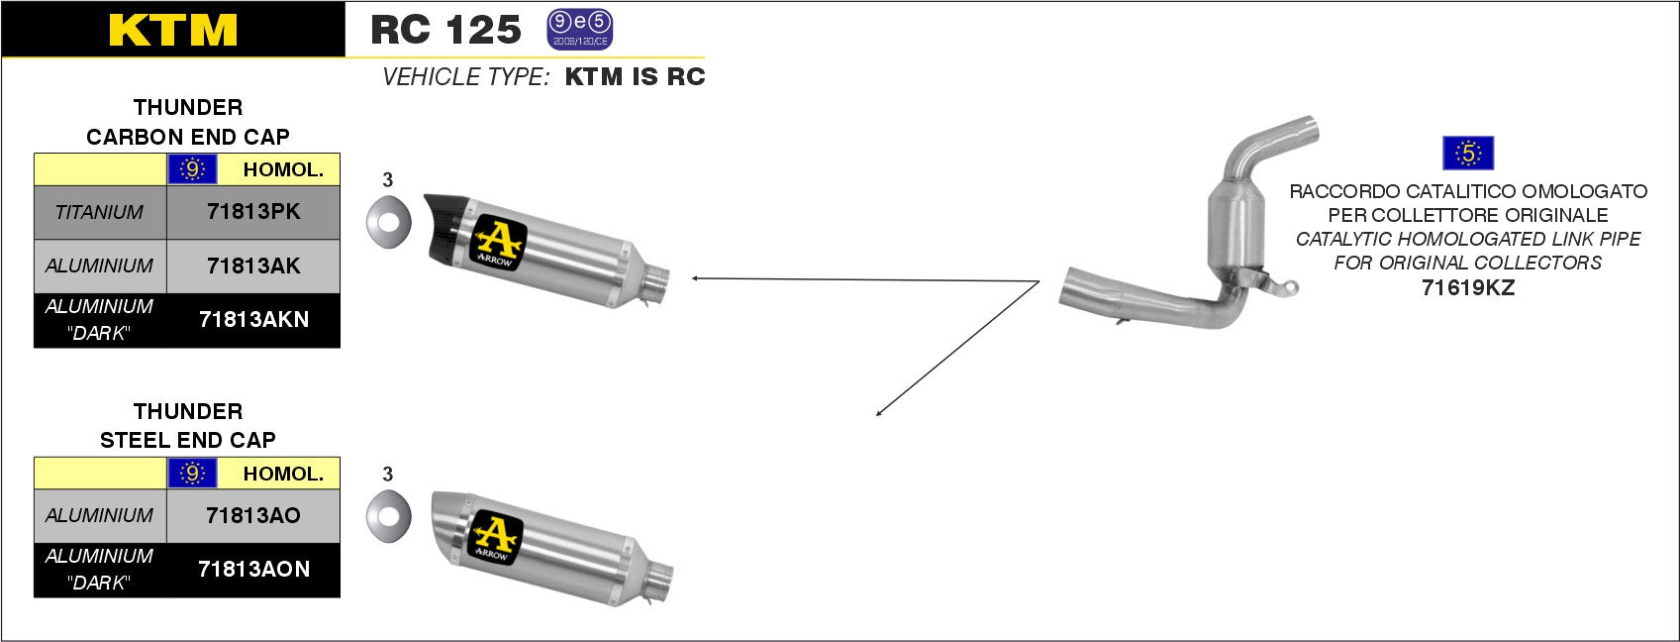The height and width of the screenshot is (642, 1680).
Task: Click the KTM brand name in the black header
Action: pyautogui.click(x=173, y=30)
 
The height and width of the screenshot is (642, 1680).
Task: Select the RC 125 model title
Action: pyautogui.click(x=445, y=30)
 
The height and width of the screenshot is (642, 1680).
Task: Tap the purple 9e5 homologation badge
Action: pyautogui.click(x=580, y=30)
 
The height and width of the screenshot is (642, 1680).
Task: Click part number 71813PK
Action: pyautogui.click(x=253, y=211)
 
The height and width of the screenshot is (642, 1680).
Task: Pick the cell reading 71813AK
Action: pyautogui.click(x=253, y=266)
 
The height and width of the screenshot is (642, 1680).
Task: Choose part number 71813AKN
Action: pyautogui.click(x=253, y=319)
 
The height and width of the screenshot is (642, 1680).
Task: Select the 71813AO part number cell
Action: pyautogui.click(x=253, y=515)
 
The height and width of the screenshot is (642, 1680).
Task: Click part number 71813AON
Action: pyautogui.click(x=253, y=569)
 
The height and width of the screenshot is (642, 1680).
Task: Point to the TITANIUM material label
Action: pyautogui.click(x=99, y=212)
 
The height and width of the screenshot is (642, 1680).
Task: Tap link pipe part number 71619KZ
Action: pyautogui.click(x=1468, y=288)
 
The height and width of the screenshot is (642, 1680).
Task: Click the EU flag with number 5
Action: pyautogui.click(x=1468, y=154)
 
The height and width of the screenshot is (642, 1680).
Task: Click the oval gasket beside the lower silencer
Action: pyautogui.click(x=388, y=516)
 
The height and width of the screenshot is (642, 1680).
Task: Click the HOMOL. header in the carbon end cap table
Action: pyautogui.click(x=283, y=169)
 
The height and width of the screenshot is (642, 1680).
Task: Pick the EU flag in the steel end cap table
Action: pyautogui.click(x=192, y=474)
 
